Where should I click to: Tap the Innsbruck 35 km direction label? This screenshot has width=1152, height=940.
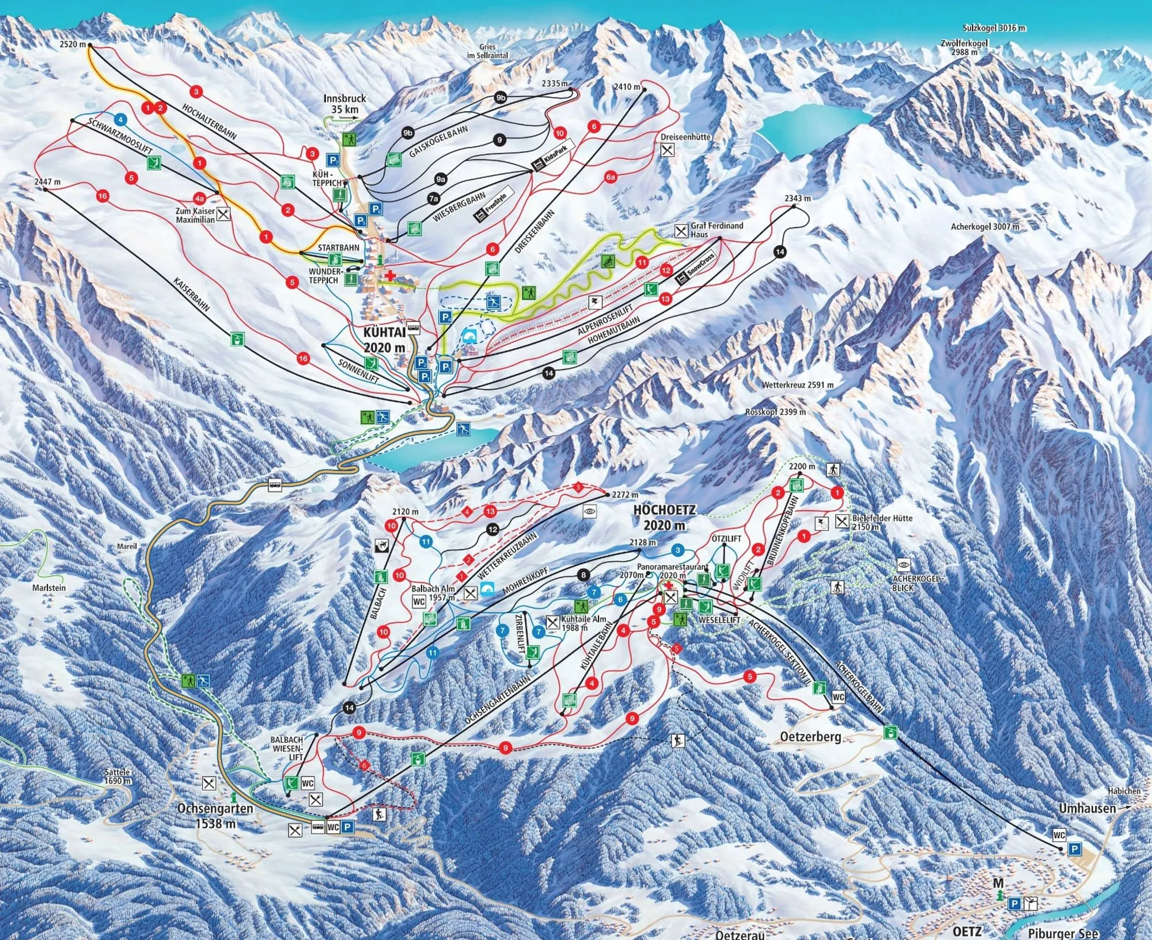344,104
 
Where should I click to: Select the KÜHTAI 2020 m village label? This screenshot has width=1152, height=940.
384,340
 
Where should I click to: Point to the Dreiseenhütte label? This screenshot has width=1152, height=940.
686,137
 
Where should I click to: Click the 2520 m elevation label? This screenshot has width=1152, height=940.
73,44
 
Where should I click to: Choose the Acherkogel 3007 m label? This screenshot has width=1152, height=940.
985,227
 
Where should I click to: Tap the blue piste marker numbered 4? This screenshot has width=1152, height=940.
120,120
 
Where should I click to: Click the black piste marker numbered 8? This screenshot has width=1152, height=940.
583,574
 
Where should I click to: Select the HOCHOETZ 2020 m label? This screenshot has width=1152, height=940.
665,517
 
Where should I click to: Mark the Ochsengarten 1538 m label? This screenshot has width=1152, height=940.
215,816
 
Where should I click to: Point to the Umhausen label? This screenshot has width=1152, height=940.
1087,809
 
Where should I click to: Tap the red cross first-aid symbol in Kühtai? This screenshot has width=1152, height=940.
391,276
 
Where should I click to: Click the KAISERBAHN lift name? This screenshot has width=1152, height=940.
191,294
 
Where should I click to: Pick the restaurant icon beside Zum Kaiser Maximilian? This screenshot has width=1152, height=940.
223,214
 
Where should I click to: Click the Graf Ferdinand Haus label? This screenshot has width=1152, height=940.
717,230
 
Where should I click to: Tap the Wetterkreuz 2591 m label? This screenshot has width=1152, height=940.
798,385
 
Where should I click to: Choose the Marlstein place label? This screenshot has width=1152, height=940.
49,588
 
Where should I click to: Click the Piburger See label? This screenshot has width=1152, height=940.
1063,933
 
